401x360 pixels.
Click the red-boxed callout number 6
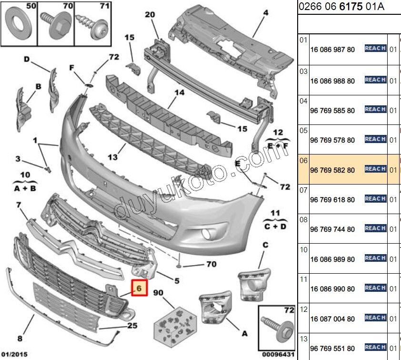tap(139, 288)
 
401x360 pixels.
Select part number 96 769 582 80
tap(332, 170)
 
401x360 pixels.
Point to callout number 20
tap(150, 15)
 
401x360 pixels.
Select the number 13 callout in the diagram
tap(112, 156)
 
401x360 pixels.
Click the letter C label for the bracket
tap(265, 245)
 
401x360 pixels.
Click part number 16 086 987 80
tap(332, 50)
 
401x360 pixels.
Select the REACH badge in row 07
tap(375, 198)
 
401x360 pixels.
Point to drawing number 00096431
tap(278, 354)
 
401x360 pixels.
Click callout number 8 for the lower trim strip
tap(20, 339)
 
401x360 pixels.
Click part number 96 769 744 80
tap(332, 229)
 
